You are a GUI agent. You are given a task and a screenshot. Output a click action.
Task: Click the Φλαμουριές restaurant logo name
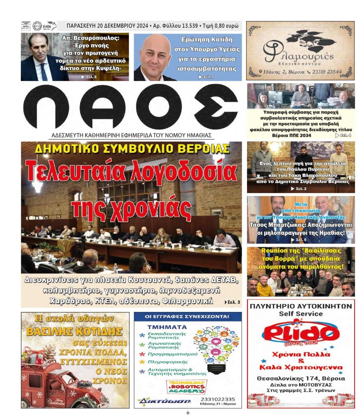click(301, 50)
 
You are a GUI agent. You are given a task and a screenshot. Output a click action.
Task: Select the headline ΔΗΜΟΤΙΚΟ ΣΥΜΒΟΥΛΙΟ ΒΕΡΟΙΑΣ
click(132, 149)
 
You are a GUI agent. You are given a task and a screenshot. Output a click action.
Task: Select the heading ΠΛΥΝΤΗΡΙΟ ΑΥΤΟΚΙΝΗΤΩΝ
click(301, 306)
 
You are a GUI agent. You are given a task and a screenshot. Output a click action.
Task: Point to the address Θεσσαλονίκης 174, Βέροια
click(301, 379)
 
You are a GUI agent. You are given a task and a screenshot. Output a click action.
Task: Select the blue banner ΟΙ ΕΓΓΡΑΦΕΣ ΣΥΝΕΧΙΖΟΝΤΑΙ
click(188, 317)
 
